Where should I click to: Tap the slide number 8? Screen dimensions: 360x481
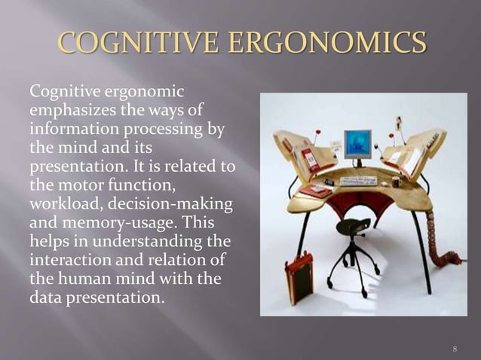point(455,348)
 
